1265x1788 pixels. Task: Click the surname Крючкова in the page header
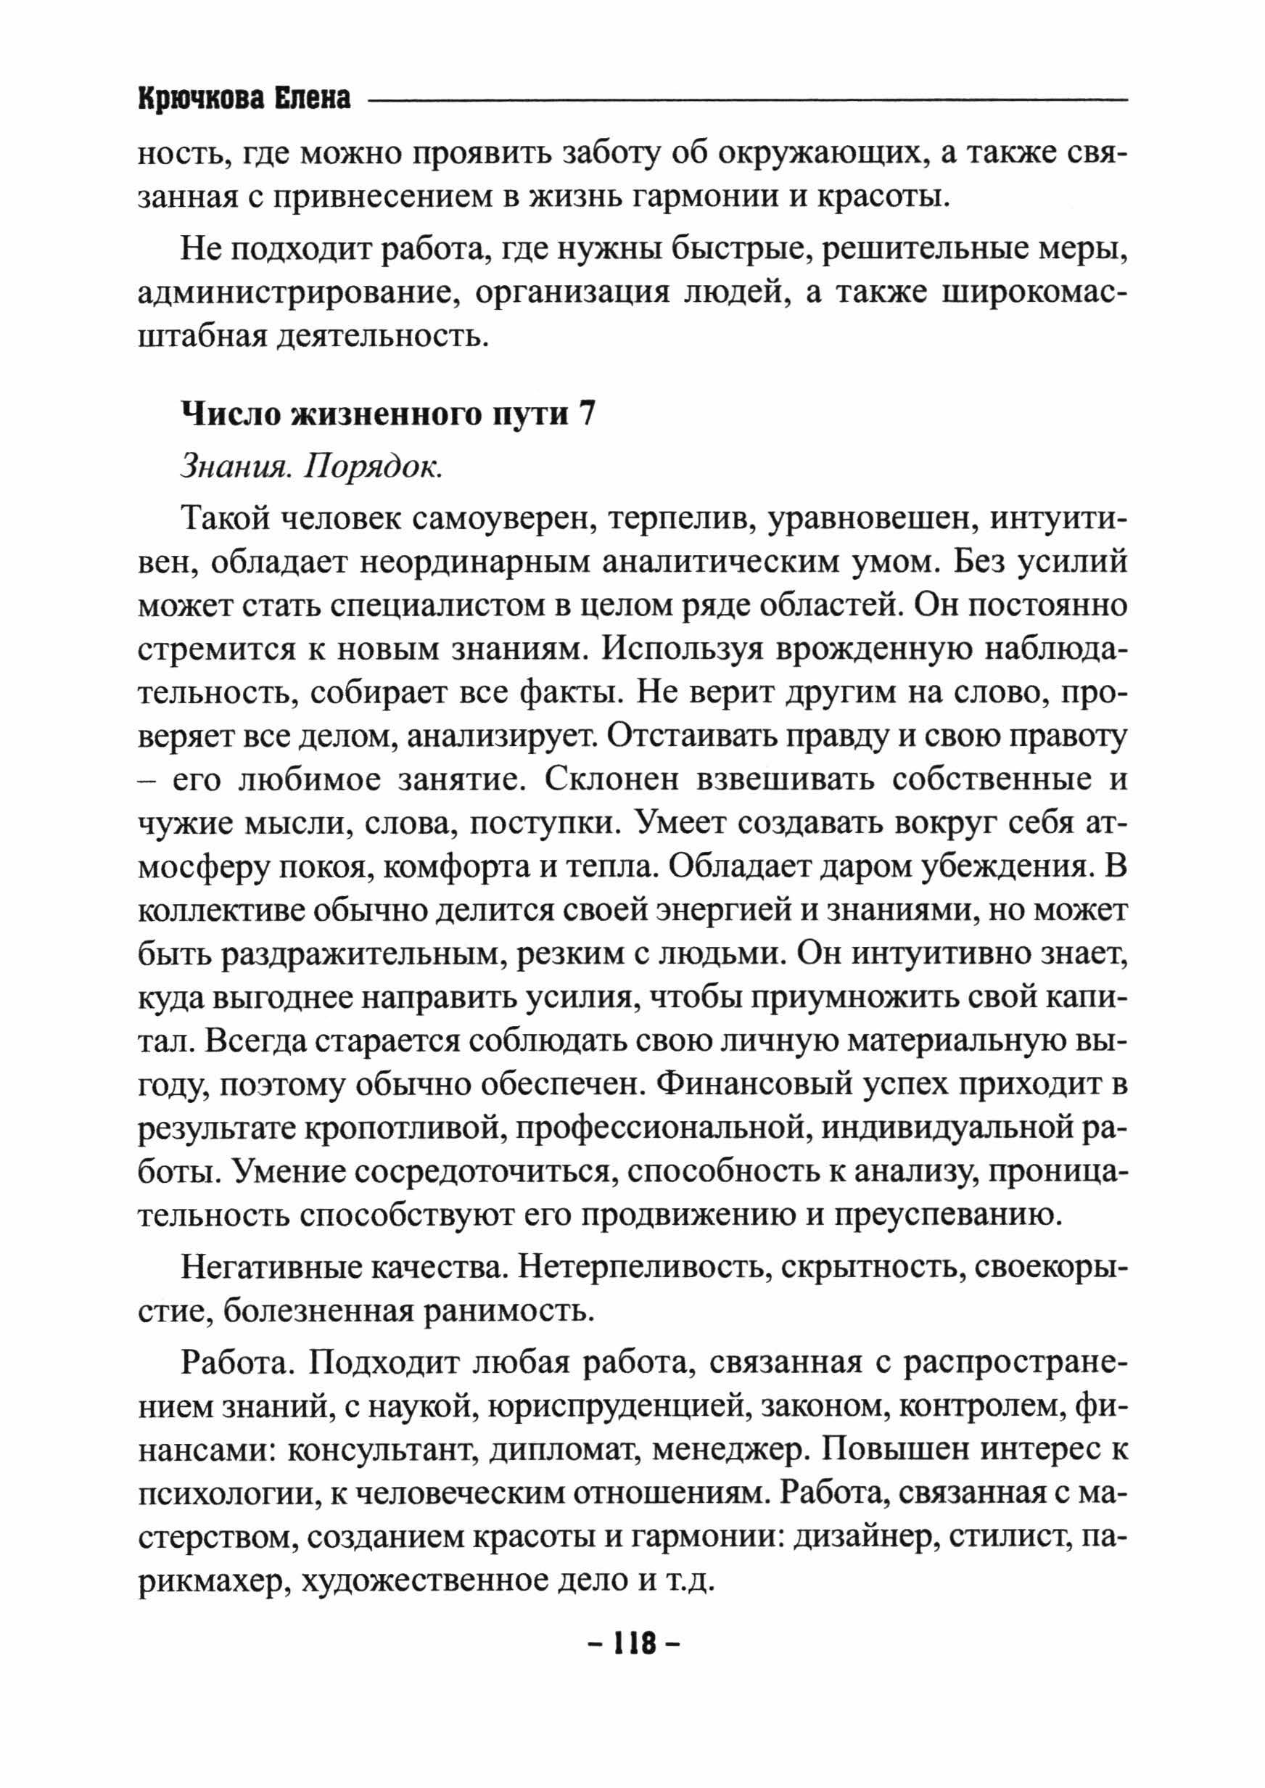point(199,99)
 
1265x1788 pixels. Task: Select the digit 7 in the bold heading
point(587,414)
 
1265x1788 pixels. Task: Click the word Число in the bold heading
point(228,414)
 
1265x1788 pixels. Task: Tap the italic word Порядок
point(373,466)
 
